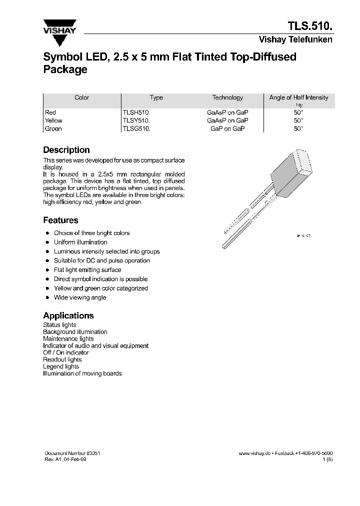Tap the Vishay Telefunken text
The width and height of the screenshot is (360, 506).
click(295, 40)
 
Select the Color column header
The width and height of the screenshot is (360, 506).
click(81, 98)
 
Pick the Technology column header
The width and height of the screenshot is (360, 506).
click(227, 98)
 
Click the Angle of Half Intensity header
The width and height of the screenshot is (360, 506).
click(298, 98)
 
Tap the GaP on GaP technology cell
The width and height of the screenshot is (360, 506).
click(227, 129)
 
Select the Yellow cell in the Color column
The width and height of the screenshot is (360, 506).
click(53, 120)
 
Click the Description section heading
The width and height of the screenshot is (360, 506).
click(66, 150)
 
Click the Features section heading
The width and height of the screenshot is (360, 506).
click(60, 220)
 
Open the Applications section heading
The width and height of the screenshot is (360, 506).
click(68, 316)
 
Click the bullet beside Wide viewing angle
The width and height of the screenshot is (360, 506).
click(47, 297)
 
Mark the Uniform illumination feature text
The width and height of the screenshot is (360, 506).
click(80, 242)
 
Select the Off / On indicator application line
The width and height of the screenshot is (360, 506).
click(66, 352)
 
